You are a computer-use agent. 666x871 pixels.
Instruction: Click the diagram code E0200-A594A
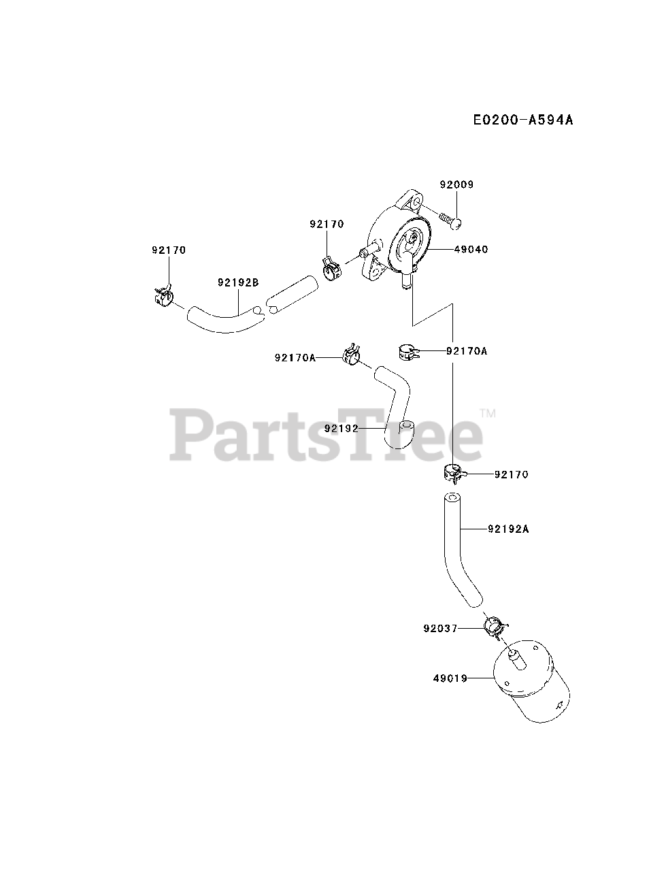[x=523, y=120]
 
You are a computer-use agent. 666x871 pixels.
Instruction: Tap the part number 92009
[x=456, y=184]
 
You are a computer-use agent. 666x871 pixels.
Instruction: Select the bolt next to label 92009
[x=449, y=219]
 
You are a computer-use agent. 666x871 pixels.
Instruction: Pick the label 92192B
[x=239, y=282]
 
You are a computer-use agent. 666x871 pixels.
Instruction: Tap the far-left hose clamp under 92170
[x=163, y=295]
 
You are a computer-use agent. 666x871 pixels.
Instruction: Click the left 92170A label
[x=295, y=357]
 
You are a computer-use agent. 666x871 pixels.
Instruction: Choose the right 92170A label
[x=467, y=351]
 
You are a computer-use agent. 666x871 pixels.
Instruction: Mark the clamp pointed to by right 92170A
[x=406, y=352]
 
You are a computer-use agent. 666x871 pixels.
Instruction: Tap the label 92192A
[x=508, y=527]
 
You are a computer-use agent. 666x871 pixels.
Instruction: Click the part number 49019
[x=449, y=678]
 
